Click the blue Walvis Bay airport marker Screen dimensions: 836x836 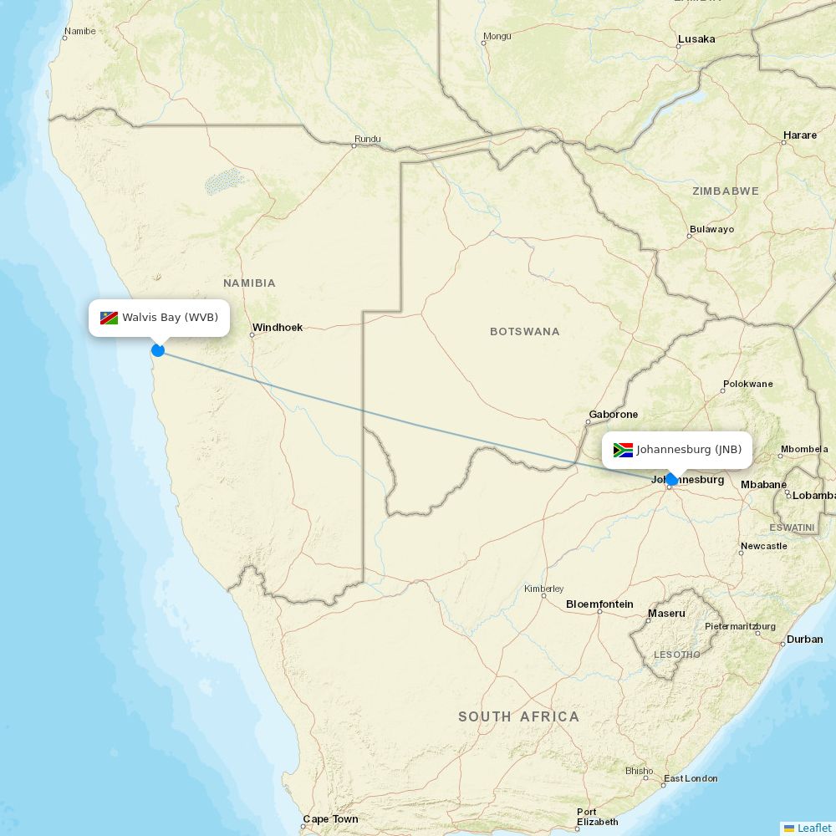pos(158,350)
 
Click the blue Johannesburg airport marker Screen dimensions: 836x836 pos(670,480)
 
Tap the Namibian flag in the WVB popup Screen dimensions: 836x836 pos(109,318)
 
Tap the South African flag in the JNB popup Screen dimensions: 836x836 pos(623,450)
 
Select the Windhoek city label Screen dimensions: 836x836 pos(278,328)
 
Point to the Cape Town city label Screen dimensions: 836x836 pos(330,819)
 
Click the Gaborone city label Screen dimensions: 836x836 pos(613,415)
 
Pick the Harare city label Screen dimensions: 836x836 pos(800,135)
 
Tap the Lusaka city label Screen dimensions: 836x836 pos(696,39)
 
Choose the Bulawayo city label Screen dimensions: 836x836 pos(711,229)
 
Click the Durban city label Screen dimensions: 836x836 pos(804,640)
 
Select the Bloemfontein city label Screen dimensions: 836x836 pos(599,604)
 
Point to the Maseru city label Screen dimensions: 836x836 pos(666,614)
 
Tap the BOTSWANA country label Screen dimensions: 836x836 pos(525,332)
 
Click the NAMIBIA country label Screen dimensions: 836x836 pos(249,283)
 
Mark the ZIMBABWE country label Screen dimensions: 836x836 pos(726,191)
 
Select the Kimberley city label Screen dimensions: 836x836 pos(544,589)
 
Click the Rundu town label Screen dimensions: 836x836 pos(367,139)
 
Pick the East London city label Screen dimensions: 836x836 pos(691,778)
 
